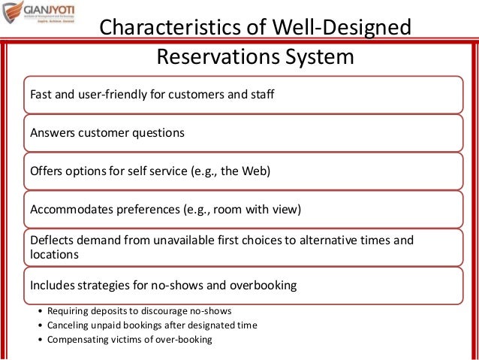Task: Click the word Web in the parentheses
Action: [x=251, y=171]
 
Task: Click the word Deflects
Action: [x=52, y=241]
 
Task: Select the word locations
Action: [x=54, y=255]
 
